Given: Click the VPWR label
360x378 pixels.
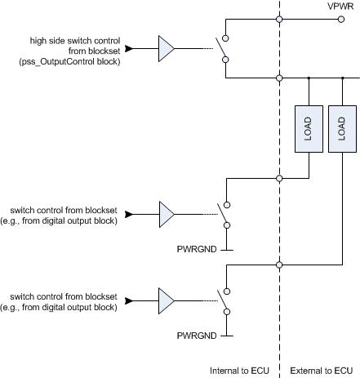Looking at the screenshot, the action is pyautogui.click(x=340, y=6).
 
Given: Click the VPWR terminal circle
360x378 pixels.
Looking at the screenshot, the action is pyautogui.click(x=341, y=19).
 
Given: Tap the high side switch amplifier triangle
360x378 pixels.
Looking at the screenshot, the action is pyautogui.click(x=167, y=49).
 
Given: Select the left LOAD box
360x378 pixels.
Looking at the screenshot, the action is pyautogui.click(x=309, y=129).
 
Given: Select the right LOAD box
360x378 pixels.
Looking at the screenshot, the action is pyautogui.click(x=342, y=129).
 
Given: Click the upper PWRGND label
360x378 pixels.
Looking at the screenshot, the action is pyautogui.click(x=197, y=249).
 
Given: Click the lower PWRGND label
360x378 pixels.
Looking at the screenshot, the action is pyautogui.click(x=197, y=336).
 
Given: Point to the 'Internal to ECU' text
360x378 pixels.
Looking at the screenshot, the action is pyautogui.click(x=239, y=371).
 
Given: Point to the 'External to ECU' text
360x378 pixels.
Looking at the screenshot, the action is pyautogui.click(x=322, y=371).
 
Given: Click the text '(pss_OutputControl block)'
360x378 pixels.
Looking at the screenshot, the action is pyautogui.click(x=69, y=61).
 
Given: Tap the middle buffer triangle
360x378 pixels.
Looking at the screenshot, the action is pyautogui.click(x=167, y=215).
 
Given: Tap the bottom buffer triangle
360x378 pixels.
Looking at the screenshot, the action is pyautogui.click(x=167, y=301).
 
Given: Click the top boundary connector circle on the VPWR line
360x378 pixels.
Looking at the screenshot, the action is pyautogui.click(x=279, y=19).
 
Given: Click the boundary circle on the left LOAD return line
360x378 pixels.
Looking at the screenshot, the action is pyautogui.click(x=279, y=179).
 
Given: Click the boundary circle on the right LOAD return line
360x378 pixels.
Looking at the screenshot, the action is pyautogui.click(x=279, y=265).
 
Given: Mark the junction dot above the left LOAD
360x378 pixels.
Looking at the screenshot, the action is pyautogui.click(x=309, y=78).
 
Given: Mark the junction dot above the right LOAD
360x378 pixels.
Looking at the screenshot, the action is pyautogui.click(x=343, y=78).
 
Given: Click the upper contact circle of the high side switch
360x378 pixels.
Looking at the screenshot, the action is pyautogui.click(x=225, y=38).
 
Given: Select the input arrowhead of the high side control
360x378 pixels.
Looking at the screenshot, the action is pyautogui.click(x=129, y=49).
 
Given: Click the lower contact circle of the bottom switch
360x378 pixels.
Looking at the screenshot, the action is pyautogui.click(x=227, y=312).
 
